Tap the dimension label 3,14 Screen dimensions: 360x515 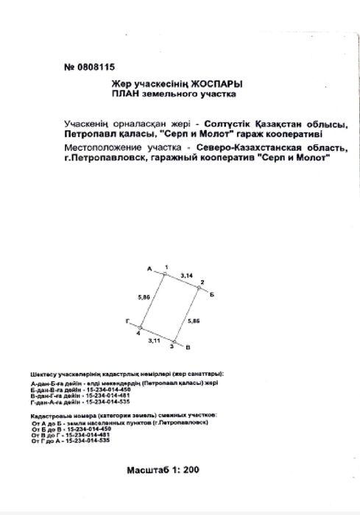coord(186,273)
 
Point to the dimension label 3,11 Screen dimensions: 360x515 coord(154,341)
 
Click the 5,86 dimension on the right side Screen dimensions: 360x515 coord(194,322)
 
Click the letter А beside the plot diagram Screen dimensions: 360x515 coord(149,270)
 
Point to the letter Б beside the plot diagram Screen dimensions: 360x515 coord(211,293)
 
